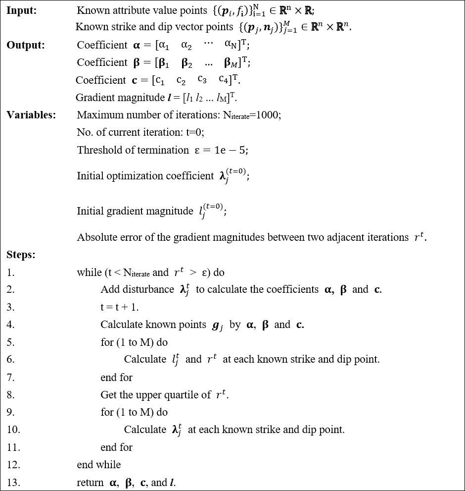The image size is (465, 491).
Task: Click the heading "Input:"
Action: tap(22, 10)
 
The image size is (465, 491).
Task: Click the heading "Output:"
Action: tap(26, 45)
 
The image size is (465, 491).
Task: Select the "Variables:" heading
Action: tap(31, 115)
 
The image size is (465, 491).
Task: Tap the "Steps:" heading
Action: tap(21, 255)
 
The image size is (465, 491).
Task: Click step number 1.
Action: tap(11, 273)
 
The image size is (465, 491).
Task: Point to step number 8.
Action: tap(11, 395)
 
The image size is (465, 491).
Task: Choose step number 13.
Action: tap(13, 483)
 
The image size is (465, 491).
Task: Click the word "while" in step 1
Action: tap(89, 273)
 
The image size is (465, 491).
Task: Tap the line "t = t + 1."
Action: tap(120, 307)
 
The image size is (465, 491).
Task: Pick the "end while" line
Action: tap(99, 465)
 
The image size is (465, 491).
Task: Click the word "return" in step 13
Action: tap(90, 483)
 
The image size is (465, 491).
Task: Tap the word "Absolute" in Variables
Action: tap(95, 237)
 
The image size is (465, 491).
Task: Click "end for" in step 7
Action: tap(116, 378)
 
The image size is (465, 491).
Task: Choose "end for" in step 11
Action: tap(116, 447)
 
